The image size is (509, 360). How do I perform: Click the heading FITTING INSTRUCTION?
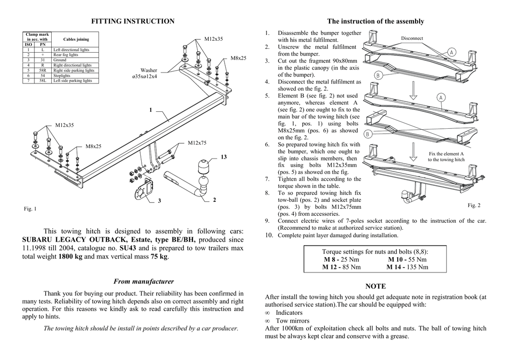[133, 21]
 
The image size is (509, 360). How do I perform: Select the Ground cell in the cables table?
[60, 60]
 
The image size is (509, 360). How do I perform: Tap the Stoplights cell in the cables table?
[62, 75]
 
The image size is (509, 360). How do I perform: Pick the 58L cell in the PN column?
[43, 80]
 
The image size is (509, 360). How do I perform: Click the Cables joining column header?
[76, 39]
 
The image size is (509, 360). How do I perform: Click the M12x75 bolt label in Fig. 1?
[197, 143]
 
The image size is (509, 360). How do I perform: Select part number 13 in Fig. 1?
[224, 157]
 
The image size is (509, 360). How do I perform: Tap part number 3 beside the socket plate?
[160, 200]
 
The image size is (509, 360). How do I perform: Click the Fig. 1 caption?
[30, 209]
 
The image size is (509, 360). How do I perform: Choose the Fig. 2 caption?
[474, 205]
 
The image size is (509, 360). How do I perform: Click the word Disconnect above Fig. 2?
[412, 38]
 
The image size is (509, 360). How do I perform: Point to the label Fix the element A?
[446, 154]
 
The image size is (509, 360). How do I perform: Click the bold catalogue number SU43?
[128, 248]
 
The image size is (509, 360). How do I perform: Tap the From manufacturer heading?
[133, 281]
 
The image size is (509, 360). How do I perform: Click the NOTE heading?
[375, 286]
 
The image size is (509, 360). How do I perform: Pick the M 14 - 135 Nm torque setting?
[407, 267]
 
